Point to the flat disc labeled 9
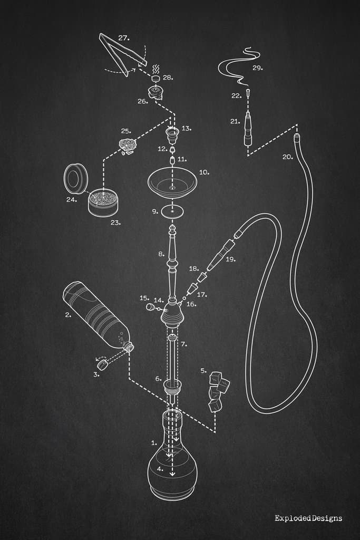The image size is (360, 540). coord(173,211)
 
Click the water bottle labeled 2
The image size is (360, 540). coord(95,316)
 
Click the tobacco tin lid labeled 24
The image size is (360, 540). coord(76,178)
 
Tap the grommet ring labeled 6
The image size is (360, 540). coord(172,386)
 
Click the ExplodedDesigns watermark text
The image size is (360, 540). coord(308,518)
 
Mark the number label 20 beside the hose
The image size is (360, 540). coord(287,157)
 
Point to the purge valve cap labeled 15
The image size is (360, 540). coord(150,306)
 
